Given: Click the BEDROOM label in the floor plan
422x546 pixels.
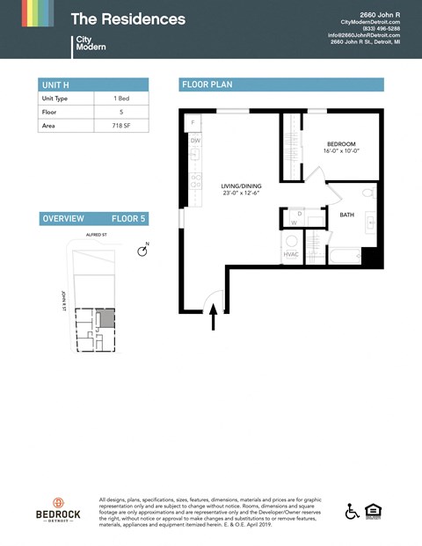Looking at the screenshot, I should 340,143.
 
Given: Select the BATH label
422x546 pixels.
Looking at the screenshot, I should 346,214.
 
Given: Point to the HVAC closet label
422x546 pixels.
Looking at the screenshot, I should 291,255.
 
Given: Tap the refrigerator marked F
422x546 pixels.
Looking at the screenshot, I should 193,120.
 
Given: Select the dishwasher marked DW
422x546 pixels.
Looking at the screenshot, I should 195,141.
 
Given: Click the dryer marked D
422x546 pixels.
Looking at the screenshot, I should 300,214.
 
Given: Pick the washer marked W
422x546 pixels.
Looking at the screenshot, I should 294,222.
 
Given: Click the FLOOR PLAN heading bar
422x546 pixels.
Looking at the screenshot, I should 281,84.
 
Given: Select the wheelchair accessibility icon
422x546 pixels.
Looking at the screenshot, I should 352,510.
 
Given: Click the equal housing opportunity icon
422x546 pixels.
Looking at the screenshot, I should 373,510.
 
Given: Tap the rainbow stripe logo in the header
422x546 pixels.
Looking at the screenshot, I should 36,13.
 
